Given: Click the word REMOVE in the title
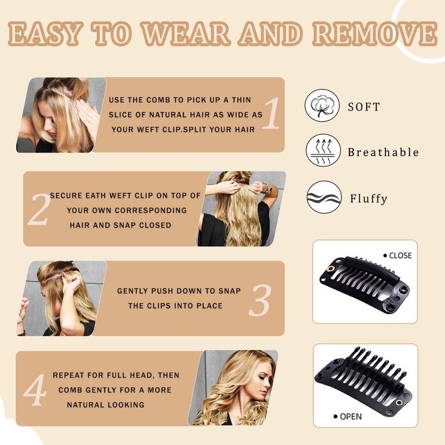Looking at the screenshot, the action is pos(375,33).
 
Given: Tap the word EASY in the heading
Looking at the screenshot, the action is pos(45,33).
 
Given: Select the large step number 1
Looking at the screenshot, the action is pos(271,113).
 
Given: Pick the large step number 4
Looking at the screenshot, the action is pos(35,390).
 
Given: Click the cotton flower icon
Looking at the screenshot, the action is pos(322,105).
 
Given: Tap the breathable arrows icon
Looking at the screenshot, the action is pos(323,151).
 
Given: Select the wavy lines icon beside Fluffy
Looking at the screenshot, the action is pos(324,197).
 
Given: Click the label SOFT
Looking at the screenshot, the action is pos(364,107).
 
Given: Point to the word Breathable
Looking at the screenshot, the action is pos(383,152).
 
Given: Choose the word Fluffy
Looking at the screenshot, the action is pos(369,199).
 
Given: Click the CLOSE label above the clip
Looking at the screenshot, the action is pos(400,255).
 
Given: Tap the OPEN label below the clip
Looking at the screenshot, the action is pos(351,416).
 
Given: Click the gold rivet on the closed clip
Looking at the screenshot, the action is pos(330,269).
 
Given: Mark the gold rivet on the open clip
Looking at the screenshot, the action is pos(399,402).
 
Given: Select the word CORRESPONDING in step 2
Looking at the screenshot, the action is pos(150,210).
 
